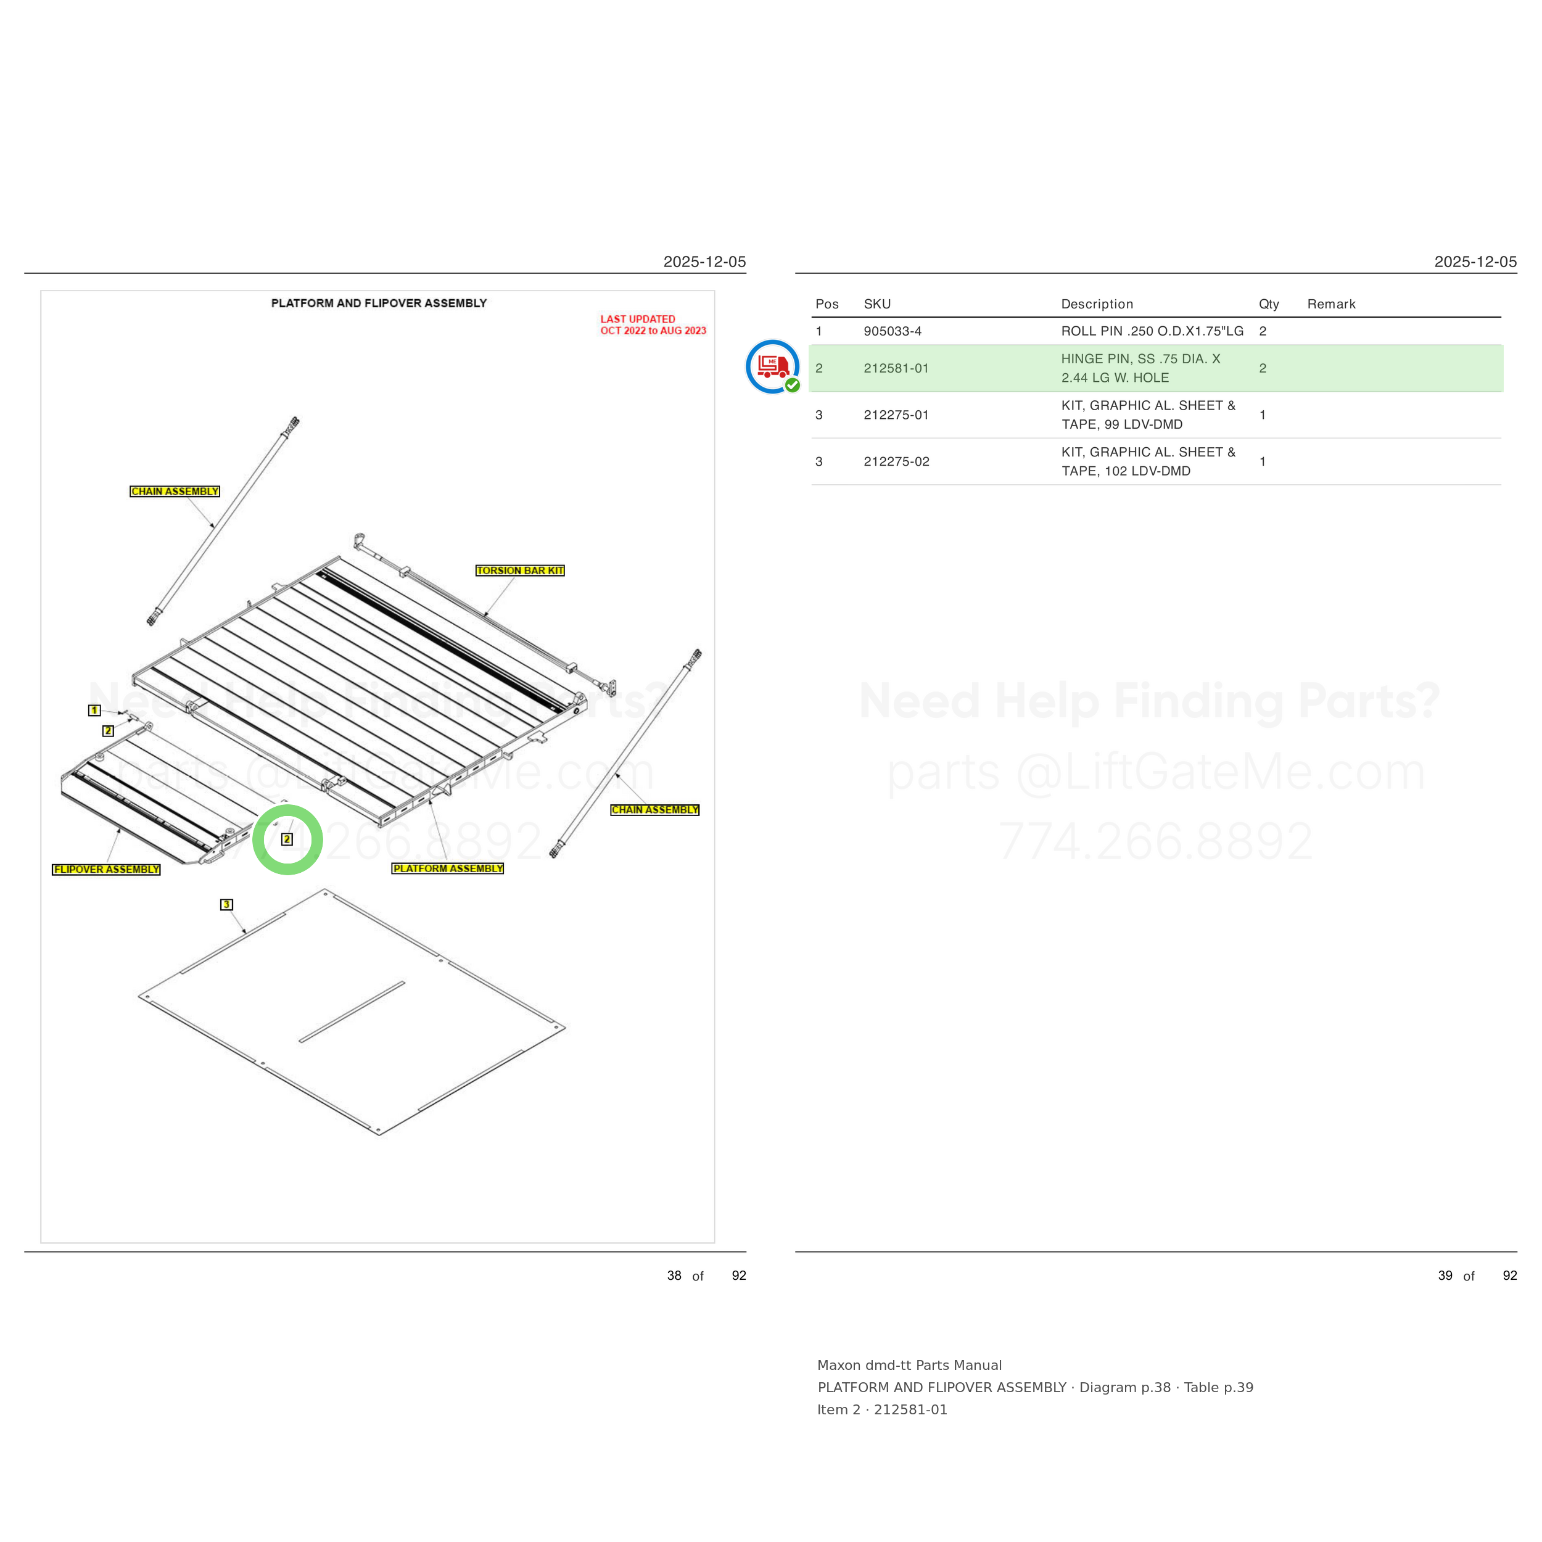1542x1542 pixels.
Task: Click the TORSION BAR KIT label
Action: click(x=519, y=571)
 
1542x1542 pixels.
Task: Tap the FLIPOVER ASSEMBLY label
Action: click(x=106, y=869)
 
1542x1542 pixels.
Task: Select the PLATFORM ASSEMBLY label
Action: click(x=448, y=868)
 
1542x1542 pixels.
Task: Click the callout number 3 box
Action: click(x=226, y=904)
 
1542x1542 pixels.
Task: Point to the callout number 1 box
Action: click(x=94, y=711)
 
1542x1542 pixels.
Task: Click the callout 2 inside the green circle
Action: click(x=287, y=839)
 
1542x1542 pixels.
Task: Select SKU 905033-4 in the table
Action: click(x=893, y=331)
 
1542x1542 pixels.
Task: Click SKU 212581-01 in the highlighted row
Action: click(x=896, y=368)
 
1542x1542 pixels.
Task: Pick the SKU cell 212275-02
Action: click(x=896, y=461)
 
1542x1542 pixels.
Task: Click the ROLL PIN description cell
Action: click(x=1152, y=331)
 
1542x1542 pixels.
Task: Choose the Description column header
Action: click(x=1097, y=304)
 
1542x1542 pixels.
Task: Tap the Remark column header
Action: click(x=1331, y=304)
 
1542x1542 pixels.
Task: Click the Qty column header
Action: click(x=1269, y=304)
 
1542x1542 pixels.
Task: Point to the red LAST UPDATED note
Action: click(x=653, y=325)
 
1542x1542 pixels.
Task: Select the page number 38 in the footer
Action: click(x=674, y=1276)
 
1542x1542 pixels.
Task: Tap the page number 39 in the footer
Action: click(x=1445, y=1276)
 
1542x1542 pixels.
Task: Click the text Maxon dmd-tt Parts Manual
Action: click(x=909, y=1365)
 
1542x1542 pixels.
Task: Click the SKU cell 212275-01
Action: click(x=896, y=415)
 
